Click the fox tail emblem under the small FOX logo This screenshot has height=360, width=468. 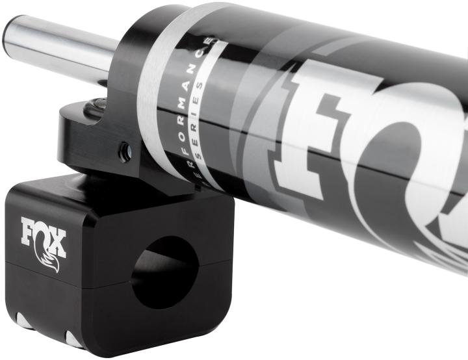pos(49,261)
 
